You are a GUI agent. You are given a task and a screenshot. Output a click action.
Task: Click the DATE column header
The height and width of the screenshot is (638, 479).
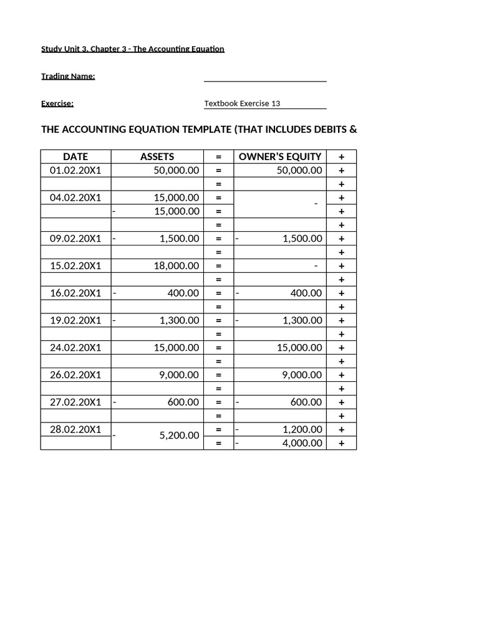pos(75,157)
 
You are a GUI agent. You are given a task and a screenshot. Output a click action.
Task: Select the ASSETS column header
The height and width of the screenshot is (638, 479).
pos(157,157)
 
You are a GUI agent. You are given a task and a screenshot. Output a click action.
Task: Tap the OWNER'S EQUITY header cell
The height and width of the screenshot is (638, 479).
pos(280,157)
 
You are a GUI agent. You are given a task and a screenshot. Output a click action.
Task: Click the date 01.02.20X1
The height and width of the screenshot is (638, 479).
pos(75,171)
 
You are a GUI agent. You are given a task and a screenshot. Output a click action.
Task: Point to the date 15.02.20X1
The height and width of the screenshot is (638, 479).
pos(75,266)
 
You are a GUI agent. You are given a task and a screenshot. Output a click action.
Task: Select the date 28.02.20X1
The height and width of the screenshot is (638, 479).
pos(75,430)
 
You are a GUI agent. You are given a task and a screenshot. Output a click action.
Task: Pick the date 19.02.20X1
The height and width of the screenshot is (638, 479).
pos(75,321)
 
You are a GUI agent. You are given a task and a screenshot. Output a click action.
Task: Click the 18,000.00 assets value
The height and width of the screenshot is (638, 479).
pos(177,266)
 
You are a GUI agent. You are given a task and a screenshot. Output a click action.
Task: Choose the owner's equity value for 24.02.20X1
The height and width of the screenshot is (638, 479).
pos(299,348)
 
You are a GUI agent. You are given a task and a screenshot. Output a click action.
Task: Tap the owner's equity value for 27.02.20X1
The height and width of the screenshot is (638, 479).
pos(306,402)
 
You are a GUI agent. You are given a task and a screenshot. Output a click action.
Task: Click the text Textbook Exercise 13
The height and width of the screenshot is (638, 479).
pos(246,104)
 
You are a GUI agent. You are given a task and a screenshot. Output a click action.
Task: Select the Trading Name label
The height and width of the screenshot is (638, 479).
pos(68,77)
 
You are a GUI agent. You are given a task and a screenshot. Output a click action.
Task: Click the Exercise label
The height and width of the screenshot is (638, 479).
pos(57,104)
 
